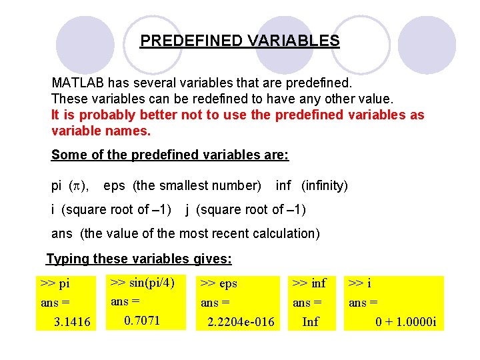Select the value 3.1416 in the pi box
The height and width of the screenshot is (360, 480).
73,323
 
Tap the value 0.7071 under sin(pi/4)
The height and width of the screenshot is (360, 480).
142,321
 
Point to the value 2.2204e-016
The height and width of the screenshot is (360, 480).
241,323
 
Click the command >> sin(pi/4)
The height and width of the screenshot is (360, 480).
141,282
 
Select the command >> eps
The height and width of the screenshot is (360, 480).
219,283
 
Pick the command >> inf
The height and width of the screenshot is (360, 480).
309,283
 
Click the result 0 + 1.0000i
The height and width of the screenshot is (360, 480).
405,323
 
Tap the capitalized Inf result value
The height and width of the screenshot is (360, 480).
310,323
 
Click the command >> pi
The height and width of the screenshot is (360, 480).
55,283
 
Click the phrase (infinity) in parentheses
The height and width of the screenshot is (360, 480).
325,185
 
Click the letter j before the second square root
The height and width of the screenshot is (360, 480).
188,209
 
